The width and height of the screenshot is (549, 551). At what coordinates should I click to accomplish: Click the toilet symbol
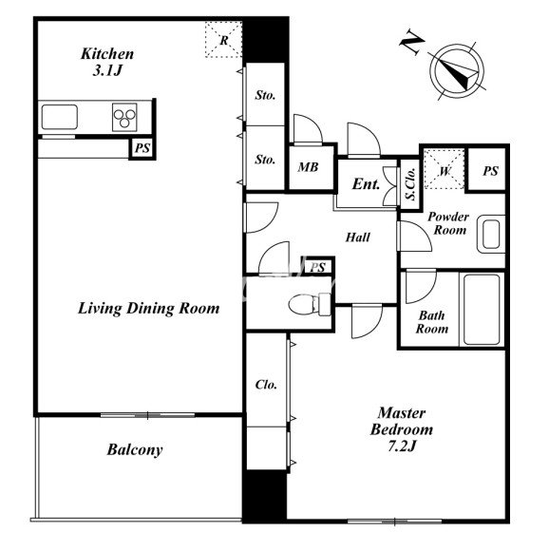309,304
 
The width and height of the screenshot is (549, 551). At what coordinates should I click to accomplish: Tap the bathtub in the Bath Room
482,310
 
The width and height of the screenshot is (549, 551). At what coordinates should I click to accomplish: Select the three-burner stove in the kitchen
124,117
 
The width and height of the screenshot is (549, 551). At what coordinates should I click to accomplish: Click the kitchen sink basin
59,117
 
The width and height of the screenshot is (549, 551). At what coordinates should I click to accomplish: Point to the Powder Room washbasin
491,234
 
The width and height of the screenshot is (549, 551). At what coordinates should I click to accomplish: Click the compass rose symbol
457,71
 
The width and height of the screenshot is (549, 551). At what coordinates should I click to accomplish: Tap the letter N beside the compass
411,43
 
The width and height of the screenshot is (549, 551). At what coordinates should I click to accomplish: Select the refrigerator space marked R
224,39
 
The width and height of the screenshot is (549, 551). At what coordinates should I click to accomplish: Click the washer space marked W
445,169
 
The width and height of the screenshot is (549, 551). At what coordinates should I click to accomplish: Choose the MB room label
308,167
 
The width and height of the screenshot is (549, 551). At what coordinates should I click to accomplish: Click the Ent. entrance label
367,184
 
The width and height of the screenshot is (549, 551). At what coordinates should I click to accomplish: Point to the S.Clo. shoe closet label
410,183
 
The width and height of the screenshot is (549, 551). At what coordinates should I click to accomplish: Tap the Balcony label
135,449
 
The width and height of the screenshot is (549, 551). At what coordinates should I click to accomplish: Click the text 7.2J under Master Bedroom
402,446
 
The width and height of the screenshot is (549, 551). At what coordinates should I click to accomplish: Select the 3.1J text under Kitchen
107,71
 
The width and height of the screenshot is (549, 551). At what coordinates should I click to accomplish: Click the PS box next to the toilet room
317,267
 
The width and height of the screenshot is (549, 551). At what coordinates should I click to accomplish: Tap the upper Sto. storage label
265,95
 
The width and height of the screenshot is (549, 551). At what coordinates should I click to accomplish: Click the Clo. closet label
266,385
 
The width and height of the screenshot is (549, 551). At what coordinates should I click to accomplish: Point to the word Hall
358,237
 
